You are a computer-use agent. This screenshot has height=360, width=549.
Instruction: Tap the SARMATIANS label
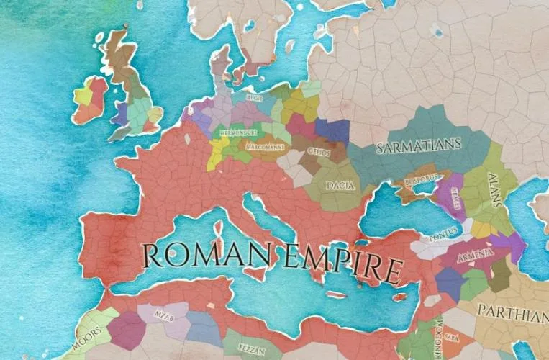[418, 146]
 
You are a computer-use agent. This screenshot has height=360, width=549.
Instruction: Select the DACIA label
[340, 185]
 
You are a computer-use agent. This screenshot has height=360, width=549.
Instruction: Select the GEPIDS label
[318, 152]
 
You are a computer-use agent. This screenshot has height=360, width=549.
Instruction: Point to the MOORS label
[86, 340]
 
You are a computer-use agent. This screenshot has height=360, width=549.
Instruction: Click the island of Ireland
[89, 101]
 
